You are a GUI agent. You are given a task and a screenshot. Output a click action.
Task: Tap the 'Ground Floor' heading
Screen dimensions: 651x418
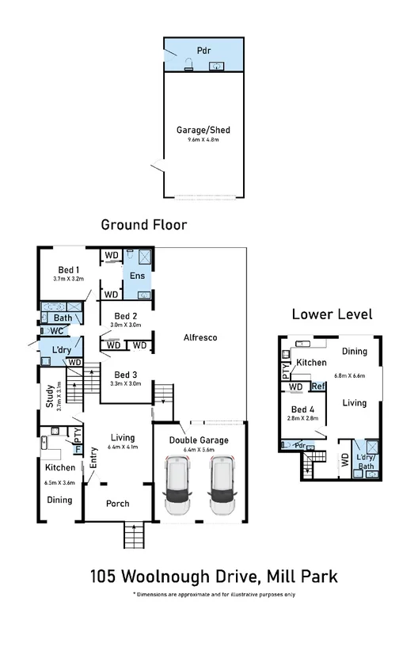tap(143, 225)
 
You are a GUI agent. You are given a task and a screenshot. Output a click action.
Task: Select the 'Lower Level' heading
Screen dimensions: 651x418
tap(332, 314)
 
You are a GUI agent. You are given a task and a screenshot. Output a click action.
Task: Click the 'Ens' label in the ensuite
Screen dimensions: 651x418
tap(137, 276)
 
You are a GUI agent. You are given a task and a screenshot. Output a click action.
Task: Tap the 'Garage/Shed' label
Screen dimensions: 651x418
tap(203, 130)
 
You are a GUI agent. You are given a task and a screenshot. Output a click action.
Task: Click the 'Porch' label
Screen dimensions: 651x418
tap(117, 504)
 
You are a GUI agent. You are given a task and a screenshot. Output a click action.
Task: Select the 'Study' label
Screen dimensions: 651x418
tap(49, 394)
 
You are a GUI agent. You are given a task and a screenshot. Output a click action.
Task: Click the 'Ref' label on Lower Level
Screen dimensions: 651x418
tap(318, 386)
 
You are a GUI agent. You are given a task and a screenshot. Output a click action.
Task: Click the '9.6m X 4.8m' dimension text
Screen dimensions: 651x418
tap(203, 140)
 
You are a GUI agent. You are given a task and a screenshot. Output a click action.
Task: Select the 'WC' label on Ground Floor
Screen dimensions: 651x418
tap(56, 331)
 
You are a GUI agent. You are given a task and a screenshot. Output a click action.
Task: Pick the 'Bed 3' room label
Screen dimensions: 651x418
tap(127, 375)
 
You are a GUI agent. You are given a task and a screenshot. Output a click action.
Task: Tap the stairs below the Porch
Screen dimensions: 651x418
tap(135, 536)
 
